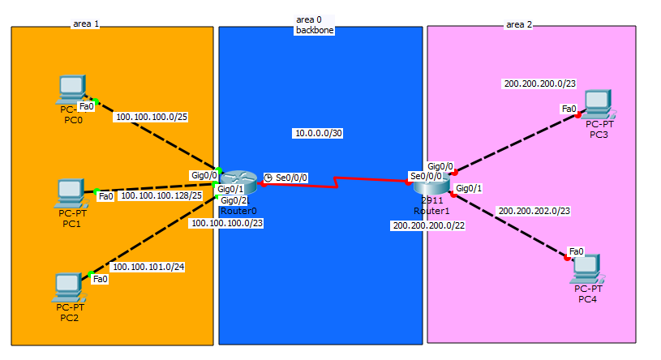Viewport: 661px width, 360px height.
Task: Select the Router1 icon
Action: tap(428, 182)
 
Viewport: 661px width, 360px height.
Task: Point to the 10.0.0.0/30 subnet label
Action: tap(318, 133)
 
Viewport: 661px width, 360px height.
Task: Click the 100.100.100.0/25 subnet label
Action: tap(152, 117)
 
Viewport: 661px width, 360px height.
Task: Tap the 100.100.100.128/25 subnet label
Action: tap(161, 195)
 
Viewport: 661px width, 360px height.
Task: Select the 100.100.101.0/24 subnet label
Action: tap(148, 266)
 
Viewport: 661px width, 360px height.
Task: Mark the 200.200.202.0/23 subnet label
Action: tap(534, 211)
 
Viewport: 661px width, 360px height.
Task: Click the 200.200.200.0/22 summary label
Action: tap(428, 225)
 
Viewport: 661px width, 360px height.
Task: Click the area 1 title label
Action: tap(85, 24)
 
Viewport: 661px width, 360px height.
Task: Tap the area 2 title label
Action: tap(519, 24)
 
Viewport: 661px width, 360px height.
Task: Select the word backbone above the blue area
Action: tap(314, 30)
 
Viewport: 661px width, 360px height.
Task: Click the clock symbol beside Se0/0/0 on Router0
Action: tap(268, 178)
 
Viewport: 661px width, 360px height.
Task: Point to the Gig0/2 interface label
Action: tap(234, 201)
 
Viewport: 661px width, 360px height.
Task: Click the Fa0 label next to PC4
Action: tap(577, 251)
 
